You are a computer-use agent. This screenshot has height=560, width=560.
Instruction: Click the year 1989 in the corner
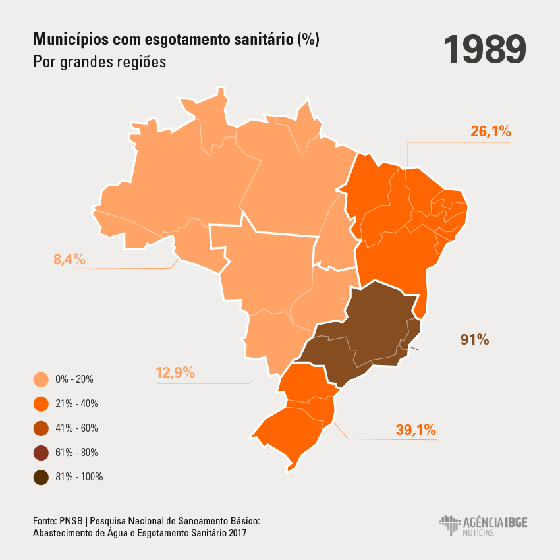pos(484,49)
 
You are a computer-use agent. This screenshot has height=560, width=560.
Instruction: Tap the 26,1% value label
pos(491,131)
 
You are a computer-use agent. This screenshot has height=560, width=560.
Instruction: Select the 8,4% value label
pos(70,260)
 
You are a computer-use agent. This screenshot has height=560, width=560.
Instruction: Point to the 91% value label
pos(474,340)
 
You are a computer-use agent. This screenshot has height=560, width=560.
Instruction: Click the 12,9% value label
pos(175,373)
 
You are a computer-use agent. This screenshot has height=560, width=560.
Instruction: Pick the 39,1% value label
pos(416,430)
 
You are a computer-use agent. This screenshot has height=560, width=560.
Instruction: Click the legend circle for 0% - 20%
pos(41,379)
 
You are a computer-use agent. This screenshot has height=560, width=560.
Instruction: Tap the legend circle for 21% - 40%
pos(41,404)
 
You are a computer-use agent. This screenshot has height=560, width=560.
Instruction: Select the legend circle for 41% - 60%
pos(41,428)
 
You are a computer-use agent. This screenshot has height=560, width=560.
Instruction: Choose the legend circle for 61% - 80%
pos(41,453)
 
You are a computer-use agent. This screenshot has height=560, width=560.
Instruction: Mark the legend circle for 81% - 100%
pos(41,477)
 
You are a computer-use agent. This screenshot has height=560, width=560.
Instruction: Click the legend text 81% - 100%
pos(79,477)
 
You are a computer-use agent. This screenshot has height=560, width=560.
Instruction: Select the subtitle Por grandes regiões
pos(99,63)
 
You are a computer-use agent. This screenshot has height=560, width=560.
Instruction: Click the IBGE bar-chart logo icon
pos(449,524)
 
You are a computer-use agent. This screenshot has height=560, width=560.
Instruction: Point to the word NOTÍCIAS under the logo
pos(478,532)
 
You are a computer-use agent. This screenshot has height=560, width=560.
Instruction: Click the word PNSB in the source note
pos(68,521)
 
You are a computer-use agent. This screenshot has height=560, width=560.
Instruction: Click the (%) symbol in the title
pos(308,40)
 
